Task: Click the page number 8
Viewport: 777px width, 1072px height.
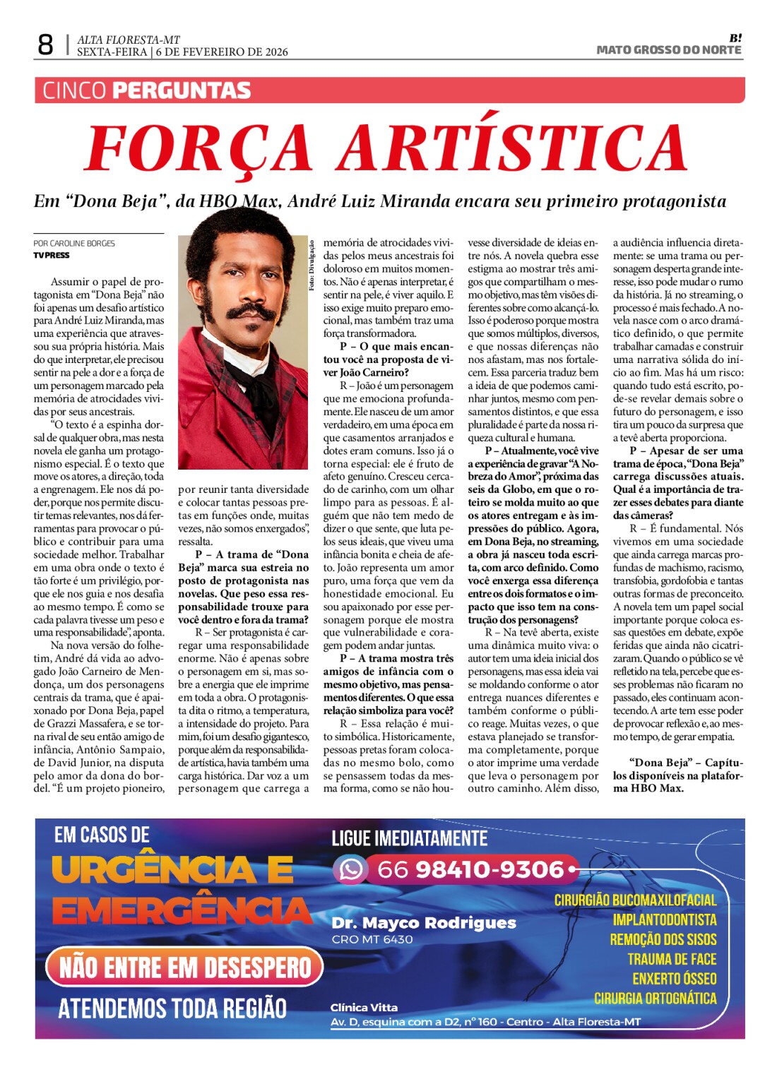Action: (x=45, y=45)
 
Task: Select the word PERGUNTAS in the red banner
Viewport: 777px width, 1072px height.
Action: (x=182, y=91)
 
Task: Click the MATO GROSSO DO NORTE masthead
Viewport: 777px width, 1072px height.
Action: (x=668, y=50)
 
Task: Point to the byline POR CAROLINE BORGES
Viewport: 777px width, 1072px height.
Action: (x=74, y=243)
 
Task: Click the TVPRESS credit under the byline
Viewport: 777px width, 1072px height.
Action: (x=52, y=255)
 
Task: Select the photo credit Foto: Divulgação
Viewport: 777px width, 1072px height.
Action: (x=312, y=266)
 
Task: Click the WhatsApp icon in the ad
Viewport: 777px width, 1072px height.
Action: (x=350, y=869)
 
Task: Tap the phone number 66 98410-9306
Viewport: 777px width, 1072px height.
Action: (x=470, y=869)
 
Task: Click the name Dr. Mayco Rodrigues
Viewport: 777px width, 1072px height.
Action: (x=424, y=923)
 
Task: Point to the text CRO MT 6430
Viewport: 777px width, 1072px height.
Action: (x=372, y=939)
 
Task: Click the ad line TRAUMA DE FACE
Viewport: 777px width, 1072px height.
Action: (x=672, y=959)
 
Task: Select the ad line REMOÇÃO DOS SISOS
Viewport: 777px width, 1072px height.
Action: (x=663, y=939)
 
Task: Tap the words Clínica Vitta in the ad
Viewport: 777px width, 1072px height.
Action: (x=364, y=1008)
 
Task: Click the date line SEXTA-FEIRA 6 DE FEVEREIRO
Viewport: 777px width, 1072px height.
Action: (x=182, y=52)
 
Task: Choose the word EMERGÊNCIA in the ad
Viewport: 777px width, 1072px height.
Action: (x=182, y=911)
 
